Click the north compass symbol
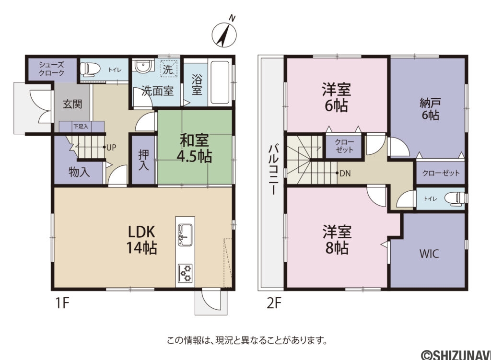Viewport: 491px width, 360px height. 224,34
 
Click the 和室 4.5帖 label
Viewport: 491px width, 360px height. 196,148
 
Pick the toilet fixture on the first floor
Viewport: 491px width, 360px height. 90,70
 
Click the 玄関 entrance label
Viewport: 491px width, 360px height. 72,103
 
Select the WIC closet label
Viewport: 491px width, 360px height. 429,254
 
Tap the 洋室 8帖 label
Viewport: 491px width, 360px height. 337,240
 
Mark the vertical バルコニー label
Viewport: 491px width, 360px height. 271,168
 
